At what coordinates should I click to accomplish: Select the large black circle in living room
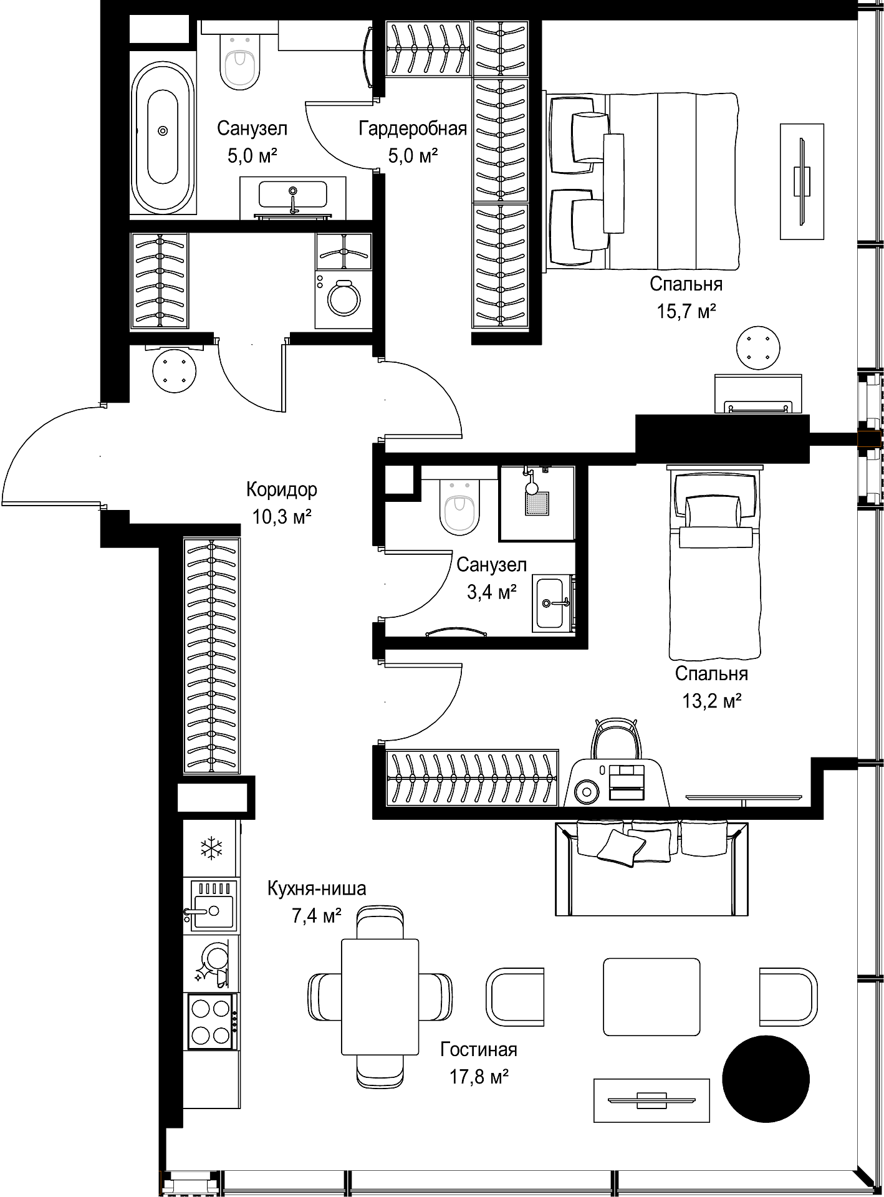click(766, 1079)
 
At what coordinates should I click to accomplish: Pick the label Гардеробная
click(413, 128)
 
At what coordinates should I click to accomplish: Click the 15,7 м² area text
click(686, 311)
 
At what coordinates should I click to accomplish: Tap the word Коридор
click(282, 489)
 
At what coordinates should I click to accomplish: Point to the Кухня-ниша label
click(317, 888)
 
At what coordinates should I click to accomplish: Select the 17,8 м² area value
click(479, 1077)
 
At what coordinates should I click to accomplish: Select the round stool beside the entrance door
click(175, 370)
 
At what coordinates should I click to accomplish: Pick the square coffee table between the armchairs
click(651, 997)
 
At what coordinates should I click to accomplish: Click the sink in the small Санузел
click(552, 603)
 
